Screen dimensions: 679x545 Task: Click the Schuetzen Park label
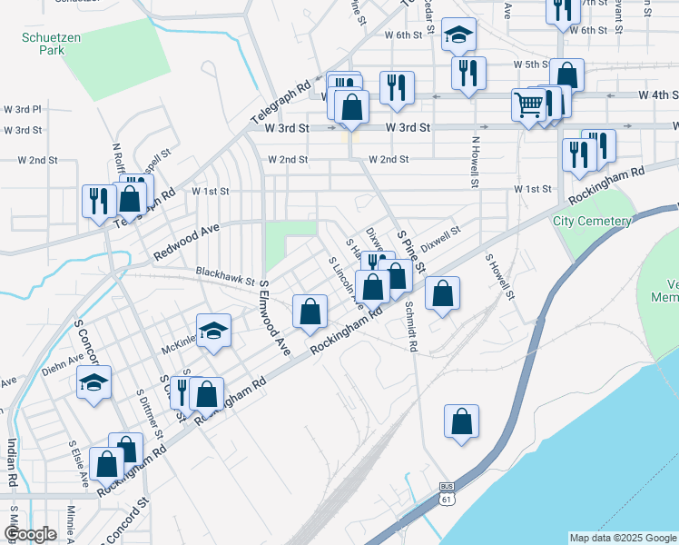44,45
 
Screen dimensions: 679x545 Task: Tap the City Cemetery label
593,221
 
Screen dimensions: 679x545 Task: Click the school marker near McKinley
213,331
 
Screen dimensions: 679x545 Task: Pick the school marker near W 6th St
459,35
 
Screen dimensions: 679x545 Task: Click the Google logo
30,534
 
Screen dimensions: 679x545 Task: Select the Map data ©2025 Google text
622,538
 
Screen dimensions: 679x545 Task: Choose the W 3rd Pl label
24,109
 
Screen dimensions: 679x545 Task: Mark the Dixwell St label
441,235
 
